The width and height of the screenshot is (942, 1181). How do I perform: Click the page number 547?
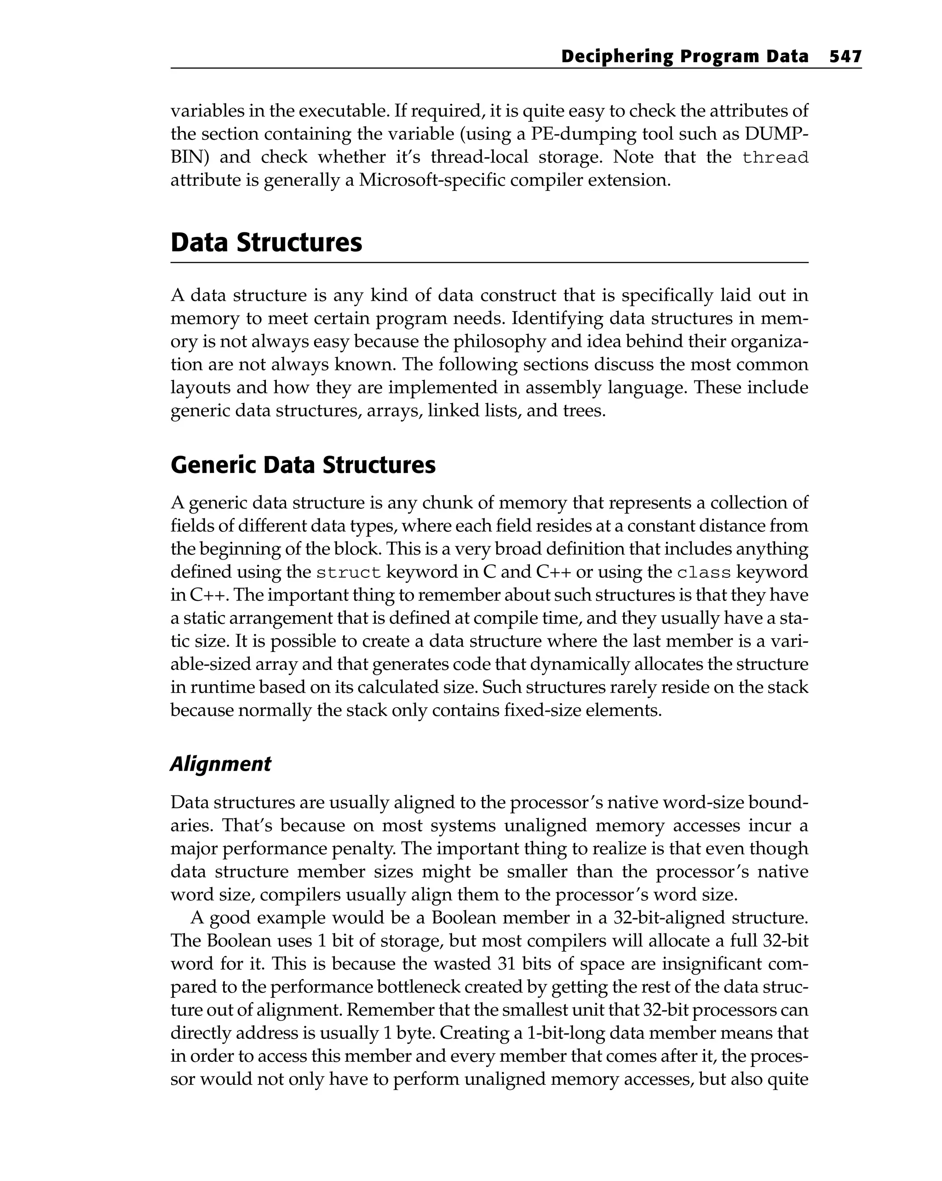click(845, 57)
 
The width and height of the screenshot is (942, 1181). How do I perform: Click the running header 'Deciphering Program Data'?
click(684, 57)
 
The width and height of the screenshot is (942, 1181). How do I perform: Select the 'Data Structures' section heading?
click(266, 242)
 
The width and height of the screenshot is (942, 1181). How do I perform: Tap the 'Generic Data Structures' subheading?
click(303, 465)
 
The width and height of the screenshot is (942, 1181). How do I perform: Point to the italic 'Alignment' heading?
click(220, 764)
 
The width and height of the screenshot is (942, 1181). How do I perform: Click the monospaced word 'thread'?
click(775, 158)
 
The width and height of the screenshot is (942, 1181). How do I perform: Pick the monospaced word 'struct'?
click(348, 573)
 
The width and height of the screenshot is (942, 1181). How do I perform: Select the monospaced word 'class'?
click(704, 573)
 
